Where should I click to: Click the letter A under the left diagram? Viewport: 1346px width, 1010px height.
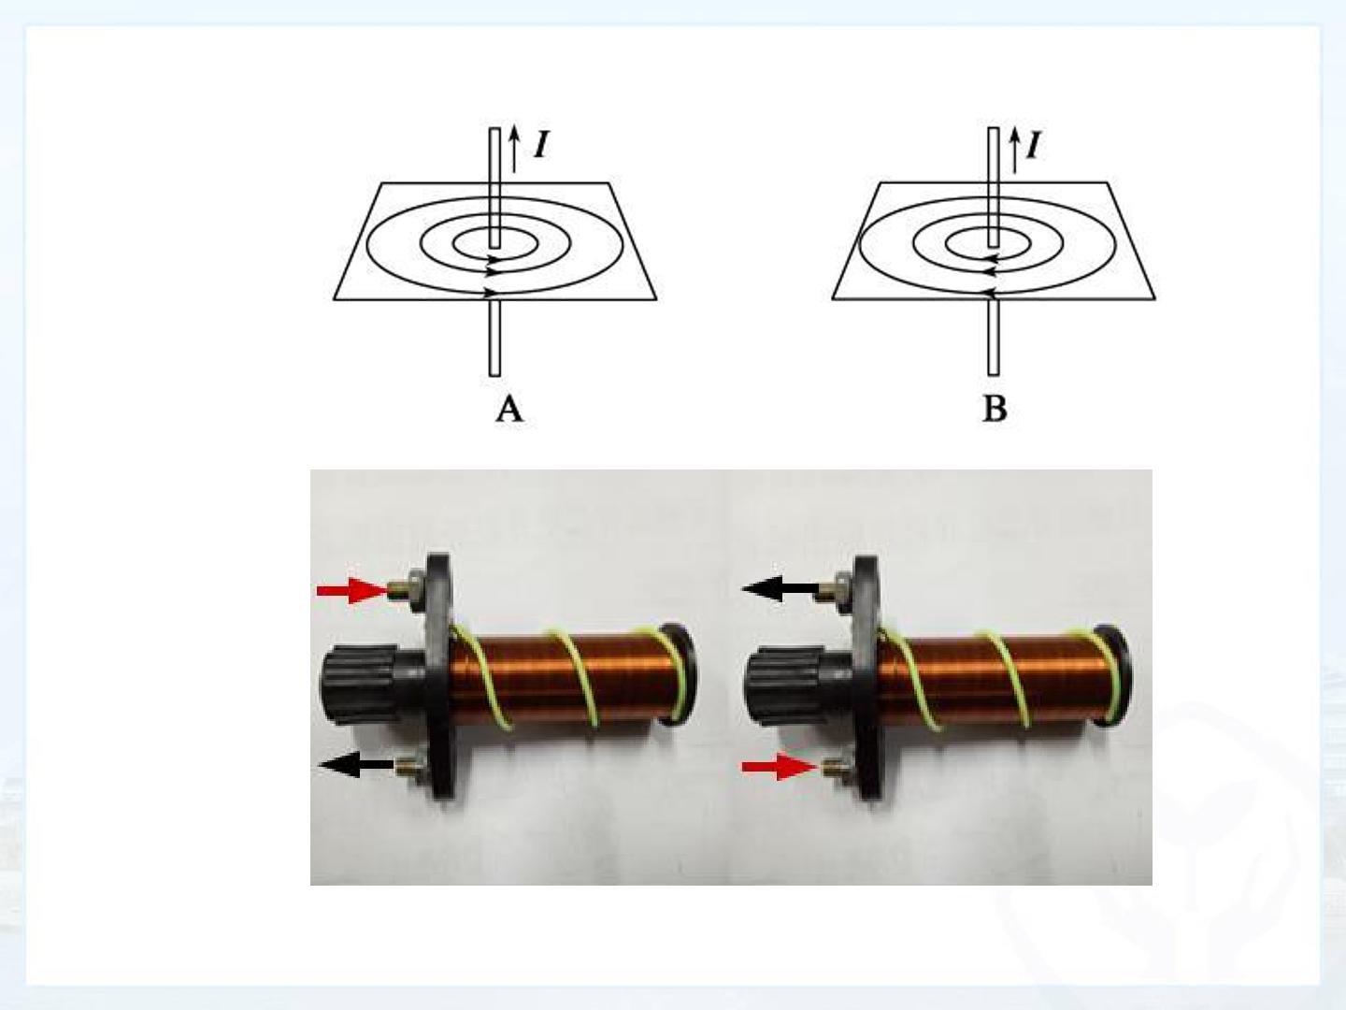pyautogui.click(x=509, y=409)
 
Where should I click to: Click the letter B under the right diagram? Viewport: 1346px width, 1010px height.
pyautogui.click(x=995, y=409)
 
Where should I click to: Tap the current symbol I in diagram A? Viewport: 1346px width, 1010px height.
pyautogui.click(x=541, y=145)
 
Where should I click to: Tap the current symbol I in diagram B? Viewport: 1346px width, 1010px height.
pyautogui.click(x=1033, y=146)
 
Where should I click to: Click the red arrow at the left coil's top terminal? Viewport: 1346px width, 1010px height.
pyautogui.click(x=352, y=590)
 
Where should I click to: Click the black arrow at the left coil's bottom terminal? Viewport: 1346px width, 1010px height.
pyautogui.click(x=357, y=765)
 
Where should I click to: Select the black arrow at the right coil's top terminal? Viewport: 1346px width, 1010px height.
pyautogui.click(x=780, y=589)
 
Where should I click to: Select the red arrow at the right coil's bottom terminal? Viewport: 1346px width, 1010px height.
pyautogui.click(x=779, y=767)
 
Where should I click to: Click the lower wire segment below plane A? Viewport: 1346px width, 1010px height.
pyautogui.click(x=494, y=338)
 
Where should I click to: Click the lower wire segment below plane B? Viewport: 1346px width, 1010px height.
pyautogui.click(x=994, y=338)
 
